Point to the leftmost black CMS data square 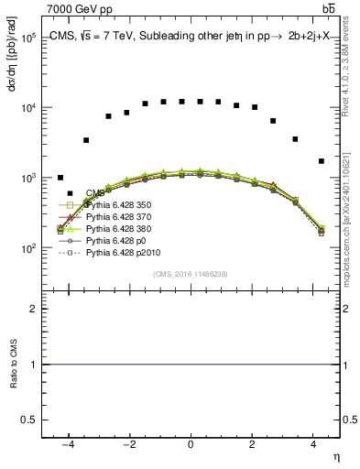tap(60, 178)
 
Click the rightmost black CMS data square tap(321, 161)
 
